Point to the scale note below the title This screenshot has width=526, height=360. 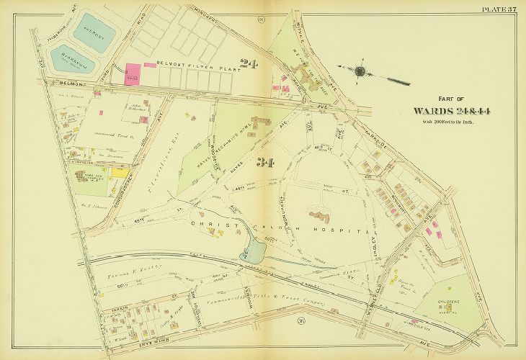(448, 122)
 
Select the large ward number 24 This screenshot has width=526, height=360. (249, 66)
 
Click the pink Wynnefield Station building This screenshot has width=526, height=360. (414, 321)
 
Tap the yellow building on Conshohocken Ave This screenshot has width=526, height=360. (119, 173)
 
